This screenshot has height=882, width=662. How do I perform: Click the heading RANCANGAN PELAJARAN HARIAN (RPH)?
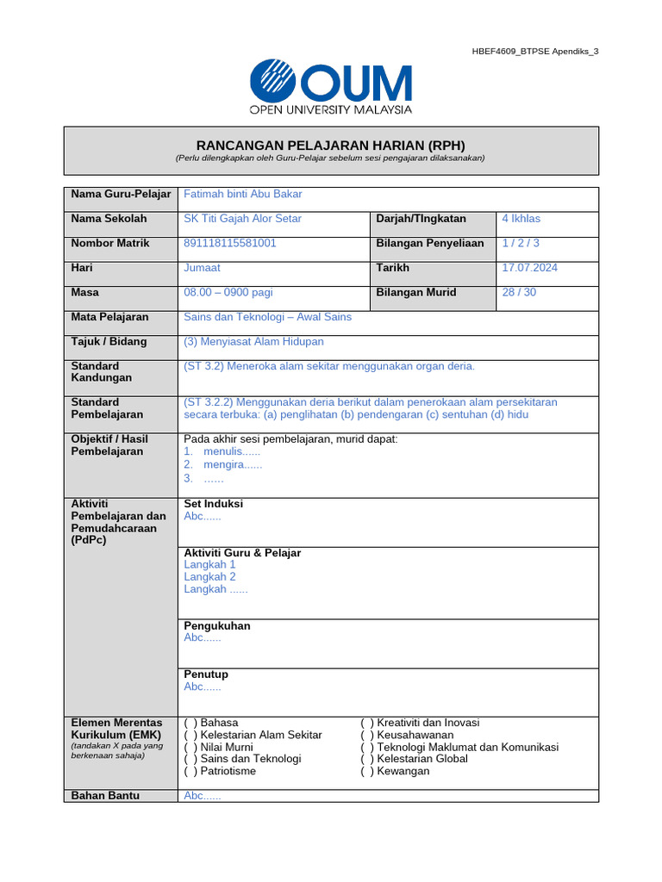point(330,144)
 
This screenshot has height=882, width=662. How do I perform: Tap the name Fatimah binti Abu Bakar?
point(243,195)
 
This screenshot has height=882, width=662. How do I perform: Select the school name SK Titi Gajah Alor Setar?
point(243,219)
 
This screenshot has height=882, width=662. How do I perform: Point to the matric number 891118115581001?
point(230,243)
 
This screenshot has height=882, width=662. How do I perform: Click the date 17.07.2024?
point(529,268)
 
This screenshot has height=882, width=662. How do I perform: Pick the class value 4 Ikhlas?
point(521,219)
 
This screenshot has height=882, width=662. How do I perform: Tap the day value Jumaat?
point(203,268)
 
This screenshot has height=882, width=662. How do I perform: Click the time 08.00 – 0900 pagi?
point(228,293)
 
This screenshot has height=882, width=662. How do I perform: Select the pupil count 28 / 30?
point(519,293)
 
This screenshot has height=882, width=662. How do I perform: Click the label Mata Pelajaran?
point(109,317)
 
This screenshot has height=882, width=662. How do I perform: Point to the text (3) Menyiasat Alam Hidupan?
point(254,342)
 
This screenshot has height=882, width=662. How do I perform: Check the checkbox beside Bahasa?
point(190,723)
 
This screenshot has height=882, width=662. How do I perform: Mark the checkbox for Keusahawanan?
point(367,735)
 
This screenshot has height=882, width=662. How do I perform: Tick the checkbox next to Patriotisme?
point(190,771)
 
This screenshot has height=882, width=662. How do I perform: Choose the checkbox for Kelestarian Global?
point(367,759)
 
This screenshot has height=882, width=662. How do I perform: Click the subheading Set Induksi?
point(214,504)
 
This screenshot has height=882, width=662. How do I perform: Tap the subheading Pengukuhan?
point(217,626)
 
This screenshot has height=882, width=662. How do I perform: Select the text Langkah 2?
point(209,577)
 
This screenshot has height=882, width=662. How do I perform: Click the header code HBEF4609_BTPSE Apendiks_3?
point(534,52)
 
